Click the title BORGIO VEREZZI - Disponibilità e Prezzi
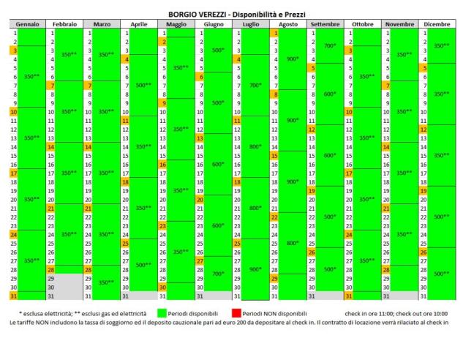pyautogui.click(x=236, y=14)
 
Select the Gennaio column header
pyautogui.click(x=27, y=24)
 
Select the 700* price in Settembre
pyautogui.click(x=329, y=45)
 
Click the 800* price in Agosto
pyautogui.click(x=293, y=242)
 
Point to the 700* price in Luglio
pyautogui.click(x=255, y=85)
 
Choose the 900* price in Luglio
pyautogui.click(x=255, y=269)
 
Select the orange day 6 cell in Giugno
pyautogui.click(x=199, y=77)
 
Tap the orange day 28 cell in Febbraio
pyautogui.click(x=51, y=269)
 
